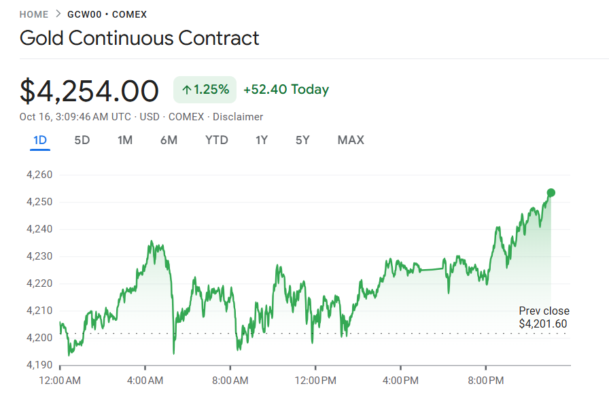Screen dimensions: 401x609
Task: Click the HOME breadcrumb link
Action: [34, 14]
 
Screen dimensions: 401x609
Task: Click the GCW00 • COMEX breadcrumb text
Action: [107, 14]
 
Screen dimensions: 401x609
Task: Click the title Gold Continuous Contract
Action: [139, 37]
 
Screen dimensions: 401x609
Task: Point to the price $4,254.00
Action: [89, 91]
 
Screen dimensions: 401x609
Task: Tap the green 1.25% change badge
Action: [205, 90]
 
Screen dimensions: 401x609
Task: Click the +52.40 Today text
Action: [285, 90]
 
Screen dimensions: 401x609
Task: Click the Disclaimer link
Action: [238, 117]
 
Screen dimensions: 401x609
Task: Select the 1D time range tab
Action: [40, 141]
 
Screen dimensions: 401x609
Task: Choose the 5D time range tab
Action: [82, 141]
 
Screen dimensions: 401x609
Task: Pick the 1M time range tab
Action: [125, 141]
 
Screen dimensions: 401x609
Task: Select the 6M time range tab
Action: [169, 141]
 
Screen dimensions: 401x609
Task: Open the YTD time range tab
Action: [217, 141]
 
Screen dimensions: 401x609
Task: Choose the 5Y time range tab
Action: [302, 141]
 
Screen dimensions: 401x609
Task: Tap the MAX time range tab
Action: [351, 141]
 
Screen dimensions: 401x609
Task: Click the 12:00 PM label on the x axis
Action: [315, 381]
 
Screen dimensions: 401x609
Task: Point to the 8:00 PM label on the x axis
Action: [487, 381]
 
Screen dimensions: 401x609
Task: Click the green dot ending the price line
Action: [551, 193]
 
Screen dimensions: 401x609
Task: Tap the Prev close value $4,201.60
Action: [542, 324]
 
